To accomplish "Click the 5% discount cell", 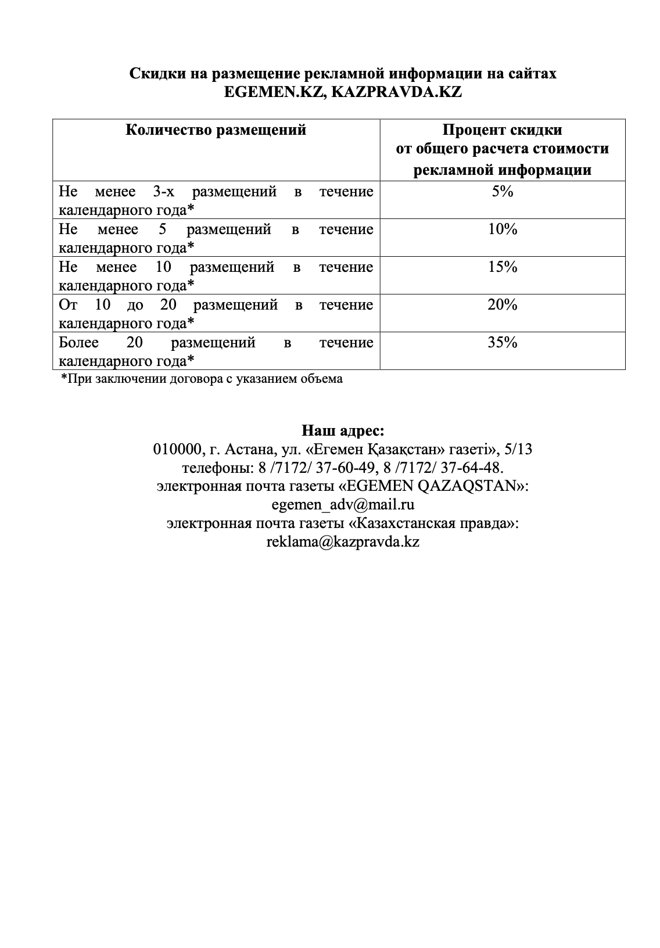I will [x=503, y=191].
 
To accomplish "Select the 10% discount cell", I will [x=503, y=229].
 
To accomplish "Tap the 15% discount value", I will [x=503, y=267].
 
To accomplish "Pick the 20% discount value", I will [x=503, y=304].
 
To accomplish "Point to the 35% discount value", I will [x=503, y=342].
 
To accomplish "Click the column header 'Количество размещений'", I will [x=216, y=130].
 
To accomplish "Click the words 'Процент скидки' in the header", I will [x=503, y=130].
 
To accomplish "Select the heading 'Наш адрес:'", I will [x=343, y=430].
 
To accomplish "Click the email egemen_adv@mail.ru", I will [x=343, y=504].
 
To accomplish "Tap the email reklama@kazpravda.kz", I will [x=343, y=541].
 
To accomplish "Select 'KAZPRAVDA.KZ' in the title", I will [x=396, y=92].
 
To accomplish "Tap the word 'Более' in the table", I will [x=79, y=342].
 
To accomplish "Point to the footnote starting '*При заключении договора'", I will [x=202, y=379].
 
